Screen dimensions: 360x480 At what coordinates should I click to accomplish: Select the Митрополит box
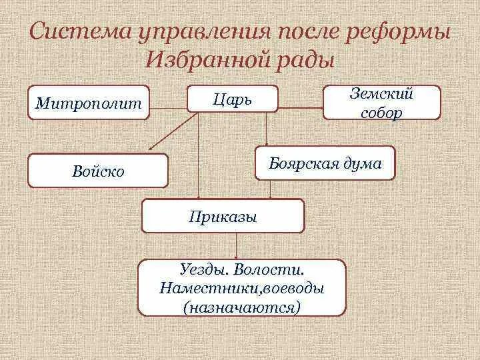coord(89,103)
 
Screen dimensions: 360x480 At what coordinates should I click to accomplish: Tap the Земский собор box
coord(382,103)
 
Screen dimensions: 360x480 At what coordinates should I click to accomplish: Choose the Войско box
coord(98,171)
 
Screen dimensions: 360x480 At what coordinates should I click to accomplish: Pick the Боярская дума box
coord(325,163)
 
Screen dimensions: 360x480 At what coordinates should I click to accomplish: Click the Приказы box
coord(223,216)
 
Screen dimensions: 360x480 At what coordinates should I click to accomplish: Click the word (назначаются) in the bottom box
coord(241,307)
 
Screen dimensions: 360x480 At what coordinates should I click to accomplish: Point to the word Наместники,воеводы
coord(242,289)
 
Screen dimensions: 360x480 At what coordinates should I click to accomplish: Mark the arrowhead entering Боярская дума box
coord(266,142)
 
